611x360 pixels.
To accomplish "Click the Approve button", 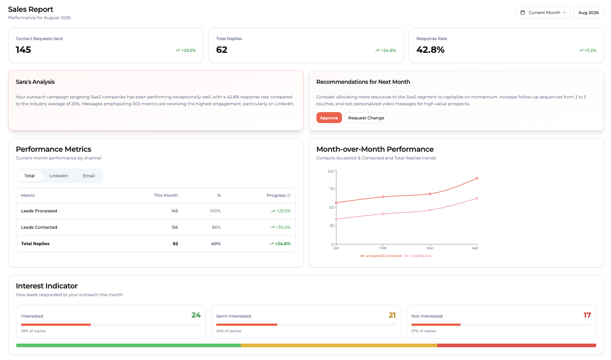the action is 329,118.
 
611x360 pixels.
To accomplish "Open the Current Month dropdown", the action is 543,13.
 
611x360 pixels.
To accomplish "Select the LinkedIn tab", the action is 59,176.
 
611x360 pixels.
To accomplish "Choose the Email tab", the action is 89,176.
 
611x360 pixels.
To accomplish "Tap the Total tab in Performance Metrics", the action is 30,176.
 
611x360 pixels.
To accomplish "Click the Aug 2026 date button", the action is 589,13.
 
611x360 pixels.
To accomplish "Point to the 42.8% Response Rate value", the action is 430,50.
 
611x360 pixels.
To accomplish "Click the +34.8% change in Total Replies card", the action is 385,51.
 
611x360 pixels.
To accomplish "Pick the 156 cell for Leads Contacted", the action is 175,227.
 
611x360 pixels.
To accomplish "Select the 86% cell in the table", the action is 216,227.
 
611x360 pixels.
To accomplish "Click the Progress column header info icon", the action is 289,195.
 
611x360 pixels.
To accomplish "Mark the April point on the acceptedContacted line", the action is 477,179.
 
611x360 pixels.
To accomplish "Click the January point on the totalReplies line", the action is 336,219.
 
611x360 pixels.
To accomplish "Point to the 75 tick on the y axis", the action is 331,189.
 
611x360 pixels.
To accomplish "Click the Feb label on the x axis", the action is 383,248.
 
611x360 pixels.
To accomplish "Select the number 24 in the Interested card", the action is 196,315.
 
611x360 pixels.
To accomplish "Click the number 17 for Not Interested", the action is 587,315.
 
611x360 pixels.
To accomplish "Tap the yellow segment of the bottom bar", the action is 339,345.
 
